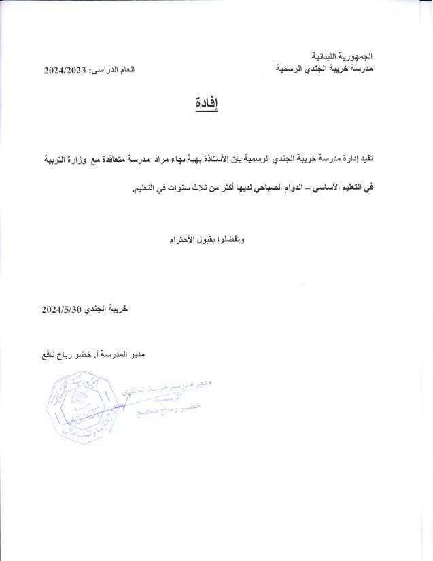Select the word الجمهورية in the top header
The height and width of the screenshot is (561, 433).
point(356,56)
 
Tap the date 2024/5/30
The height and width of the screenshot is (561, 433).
point(62,308)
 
